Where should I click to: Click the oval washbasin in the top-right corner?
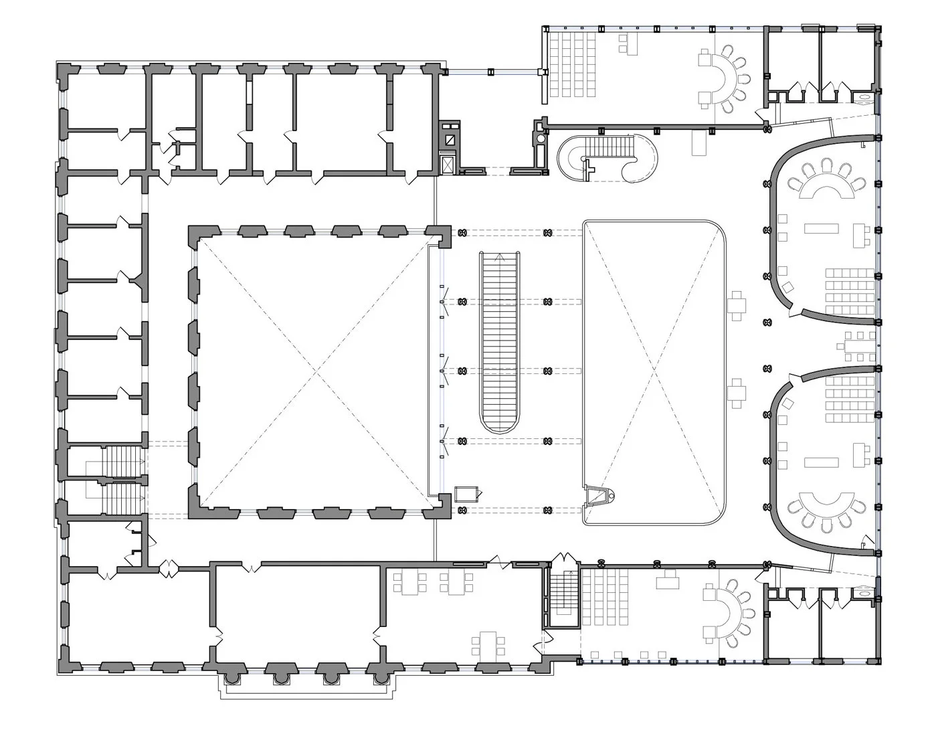(864, 97)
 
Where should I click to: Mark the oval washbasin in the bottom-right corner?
(864, 592)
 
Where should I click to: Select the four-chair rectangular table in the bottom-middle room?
(488, 643)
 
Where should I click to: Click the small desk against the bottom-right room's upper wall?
(668, 579)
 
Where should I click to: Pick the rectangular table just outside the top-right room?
(700, 143)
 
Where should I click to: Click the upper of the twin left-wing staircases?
(122, 461)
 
